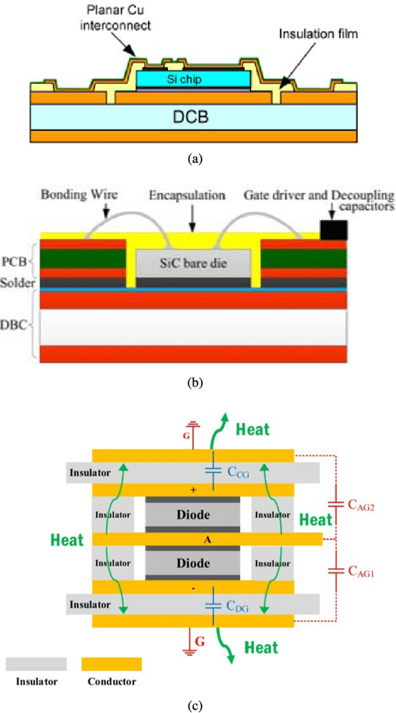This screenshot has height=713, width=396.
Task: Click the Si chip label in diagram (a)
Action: pos(188,80)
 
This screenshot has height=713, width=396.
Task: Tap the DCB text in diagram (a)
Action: pos(189,116)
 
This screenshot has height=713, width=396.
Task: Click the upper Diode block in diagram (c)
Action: pos(192,516)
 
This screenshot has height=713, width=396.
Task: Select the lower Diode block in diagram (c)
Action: pos(192,563)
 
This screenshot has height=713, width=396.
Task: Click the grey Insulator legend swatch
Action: pos(36,663)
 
